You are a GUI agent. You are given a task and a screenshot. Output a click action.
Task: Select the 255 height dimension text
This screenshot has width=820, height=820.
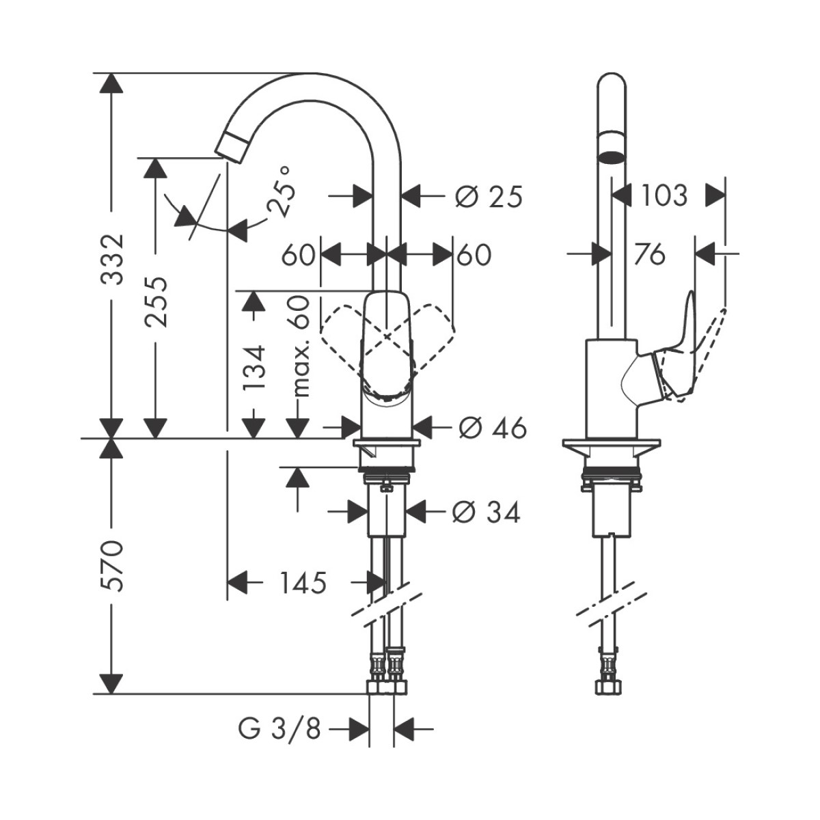(x=156, y=301)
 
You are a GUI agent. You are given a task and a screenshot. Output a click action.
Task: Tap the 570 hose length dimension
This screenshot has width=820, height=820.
(x=111, y=566)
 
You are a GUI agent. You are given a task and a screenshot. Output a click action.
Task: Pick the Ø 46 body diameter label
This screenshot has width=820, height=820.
(x=493, y=428)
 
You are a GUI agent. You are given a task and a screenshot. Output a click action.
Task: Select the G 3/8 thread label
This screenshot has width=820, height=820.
(x=279, y=729)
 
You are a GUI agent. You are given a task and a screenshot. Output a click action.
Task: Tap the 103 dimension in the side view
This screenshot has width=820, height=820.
(x=664, y=195)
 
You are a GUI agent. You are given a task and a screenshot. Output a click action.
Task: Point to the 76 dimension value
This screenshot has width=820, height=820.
(x=648, y=254)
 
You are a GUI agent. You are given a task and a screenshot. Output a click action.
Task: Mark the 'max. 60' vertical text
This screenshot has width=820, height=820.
(x=301, y=348)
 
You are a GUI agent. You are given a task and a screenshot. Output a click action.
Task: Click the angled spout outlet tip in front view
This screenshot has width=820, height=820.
(x=232, y=146)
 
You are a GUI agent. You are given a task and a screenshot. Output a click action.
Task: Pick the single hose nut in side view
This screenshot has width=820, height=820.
(x=606, y=685)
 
